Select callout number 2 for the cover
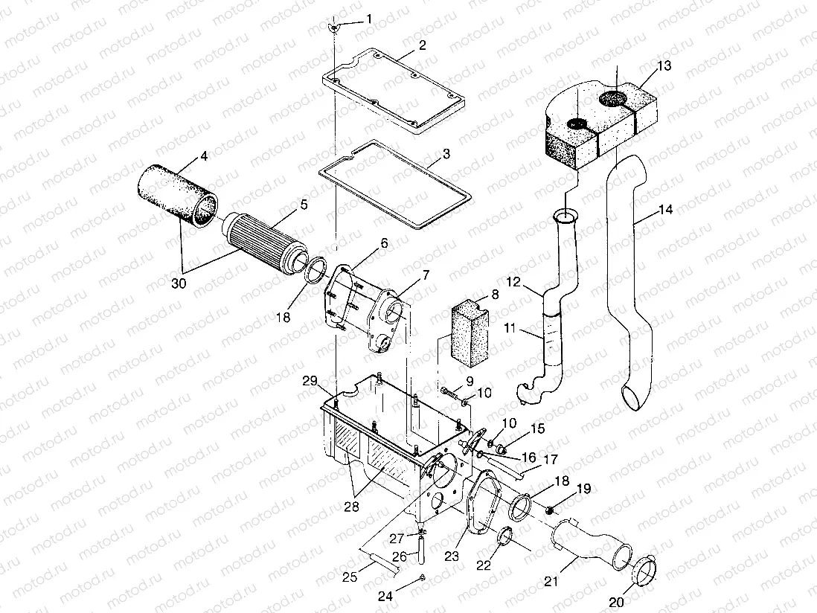422,45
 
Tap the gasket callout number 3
446,154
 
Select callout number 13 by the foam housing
664,66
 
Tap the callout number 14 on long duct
665,211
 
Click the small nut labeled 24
422,577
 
